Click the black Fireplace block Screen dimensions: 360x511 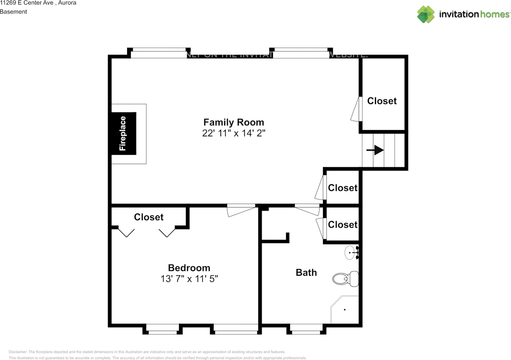(x=123, y=133)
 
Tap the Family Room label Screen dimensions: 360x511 (x=234, y=122)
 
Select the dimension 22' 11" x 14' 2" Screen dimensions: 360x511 (x=234, y=133)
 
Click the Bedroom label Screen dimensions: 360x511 (x=189, y=268)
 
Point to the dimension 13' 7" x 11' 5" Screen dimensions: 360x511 (x=189, y=279)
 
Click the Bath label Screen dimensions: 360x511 (x=306, y=273)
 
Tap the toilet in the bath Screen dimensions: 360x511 (x=346, y=279)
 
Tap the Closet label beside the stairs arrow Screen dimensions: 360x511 (x=382, y=101)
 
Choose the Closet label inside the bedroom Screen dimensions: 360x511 (x=149, y=217)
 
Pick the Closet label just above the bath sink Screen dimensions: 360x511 (x=343, y=225)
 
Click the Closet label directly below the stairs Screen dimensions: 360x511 (x=343, y=188)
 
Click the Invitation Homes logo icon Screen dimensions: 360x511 (x=426, y=14)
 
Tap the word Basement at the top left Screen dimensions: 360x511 (x=14, y=12)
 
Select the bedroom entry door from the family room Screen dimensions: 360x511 (x=241, y=209)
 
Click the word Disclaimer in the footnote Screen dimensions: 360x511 (x=18, y=352)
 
